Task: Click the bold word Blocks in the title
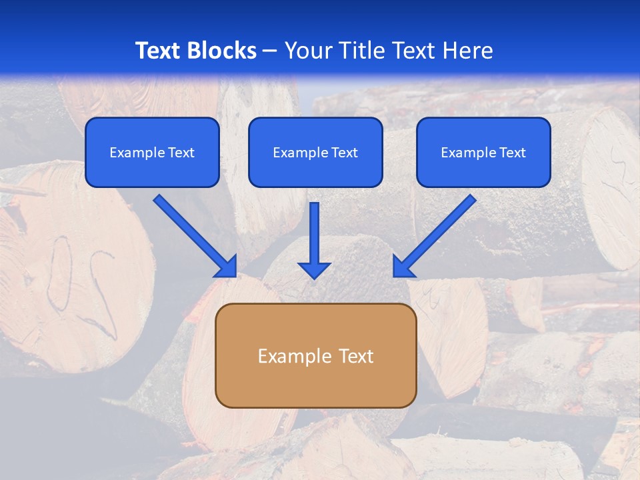coord(222,51)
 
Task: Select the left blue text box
coord(152,152)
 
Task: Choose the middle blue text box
coord(315,152)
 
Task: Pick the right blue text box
coord(483,152)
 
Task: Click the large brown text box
coord(315,356)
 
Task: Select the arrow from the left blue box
coord(193,235)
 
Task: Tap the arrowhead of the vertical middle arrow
coord(314,270)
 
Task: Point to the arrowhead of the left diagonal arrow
coord(227,267)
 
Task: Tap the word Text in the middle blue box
coord(344,153)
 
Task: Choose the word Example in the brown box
coord(295,356)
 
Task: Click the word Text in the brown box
coord(357,356)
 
